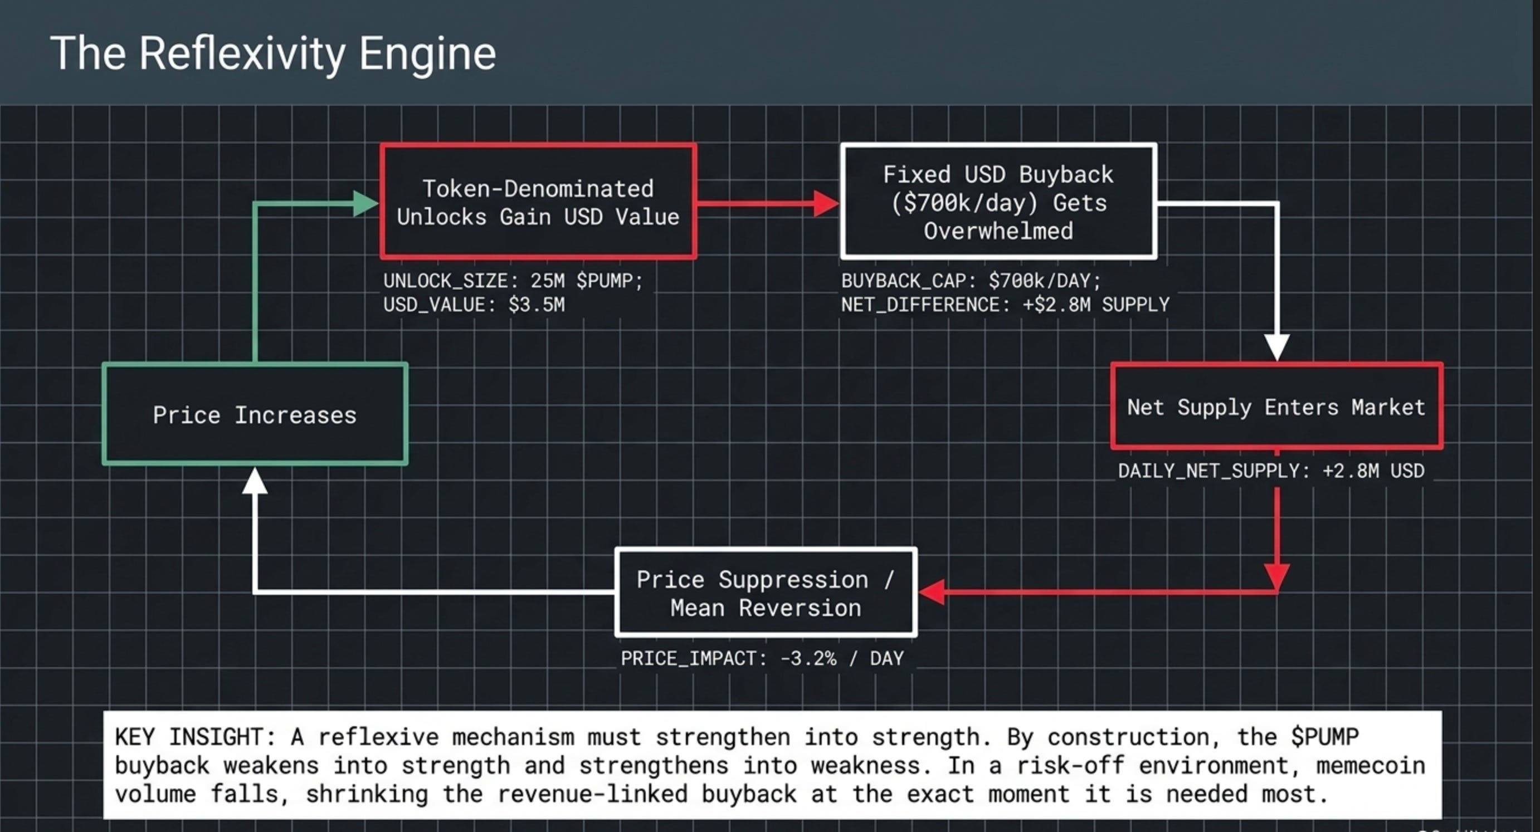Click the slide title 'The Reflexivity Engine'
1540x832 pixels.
(273, 54)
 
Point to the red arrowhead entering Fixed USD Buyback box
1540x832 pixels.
(827, 204)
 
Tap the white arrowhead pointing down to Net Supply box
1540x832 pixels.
(1276, 348)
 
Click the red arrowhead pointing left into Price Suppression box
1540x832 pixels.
(932, 593)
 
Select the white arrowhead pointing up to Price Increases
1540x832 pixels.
(255, 480)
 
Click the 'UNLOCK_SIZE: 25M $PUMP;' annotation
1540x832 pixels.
(513, 281)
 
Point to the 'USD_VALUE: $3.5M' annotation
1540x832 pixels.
(474, 305)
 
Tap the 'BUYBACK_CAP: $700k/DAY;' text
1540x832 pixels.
(971, 281)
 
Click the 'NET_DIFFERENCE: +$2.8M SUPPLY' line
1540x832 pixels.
(1006, 305)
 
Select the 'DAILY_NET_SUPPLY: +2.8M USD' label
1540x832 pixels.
(1271, 471)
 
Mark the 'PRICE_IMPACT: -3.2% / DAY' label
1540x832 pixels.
(762, 659)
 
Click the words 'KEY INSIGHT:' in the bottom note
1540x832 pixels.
(196, 737)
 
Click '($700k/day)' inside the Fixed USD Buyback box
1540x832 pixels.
(964, 203)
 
